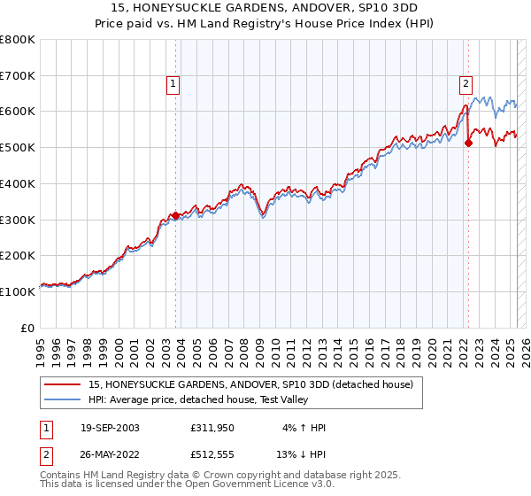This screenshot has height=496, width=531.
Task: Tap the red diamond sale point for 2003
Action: pyautogui.click(x=176, y=215)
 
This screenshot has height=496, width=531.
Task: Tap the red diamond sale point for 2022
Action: pyautogui.click(x=469, y=143)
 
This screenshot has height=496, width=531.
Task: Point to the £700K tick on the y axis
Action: pyautogui.click(x=18, y=76)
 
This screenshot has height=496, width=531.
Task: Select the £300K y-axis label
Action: pyautogui.click(x=18, y=220)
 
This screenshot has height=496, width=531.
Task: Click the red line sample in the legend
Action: pyautogui.click(x=63, y=385)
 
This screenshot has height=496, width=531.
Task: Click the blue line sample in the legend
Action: pyautogui.click(x=63, y=400)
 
